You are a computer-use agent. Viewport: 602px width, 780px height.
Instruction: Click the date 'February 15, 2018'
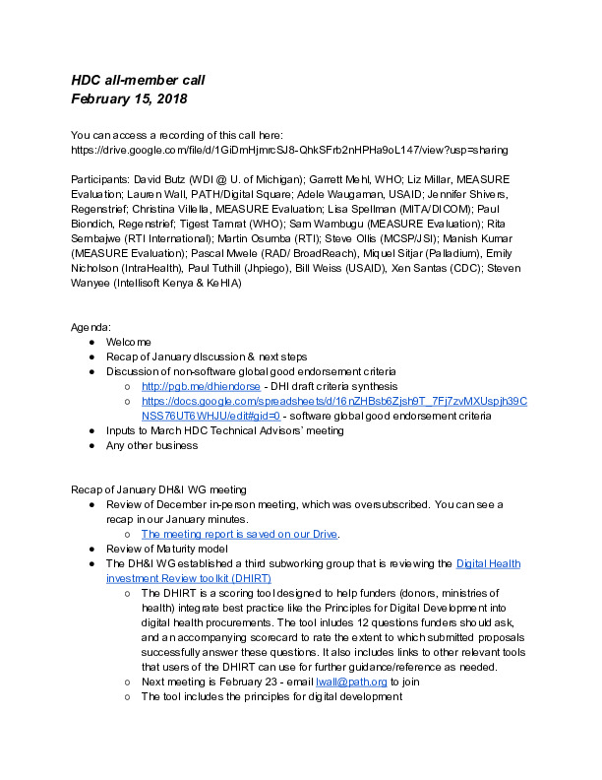click(128, 98)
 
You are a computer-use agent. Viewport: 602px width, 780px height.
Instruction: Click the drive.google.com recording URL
click(289, 150)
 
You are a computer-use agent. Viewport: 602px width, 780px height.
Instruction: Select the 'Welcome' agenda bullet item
click(129, 341)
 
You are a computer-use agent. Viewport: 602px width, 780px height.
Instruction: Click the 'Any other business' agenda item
click(152, 445)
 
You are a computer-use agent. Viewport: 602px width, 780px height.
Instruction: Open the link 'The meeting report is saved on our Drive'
click(240, 534)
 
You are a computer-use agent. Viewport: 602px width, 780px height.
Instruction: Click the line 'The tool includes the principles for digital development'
click(271, 697)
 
